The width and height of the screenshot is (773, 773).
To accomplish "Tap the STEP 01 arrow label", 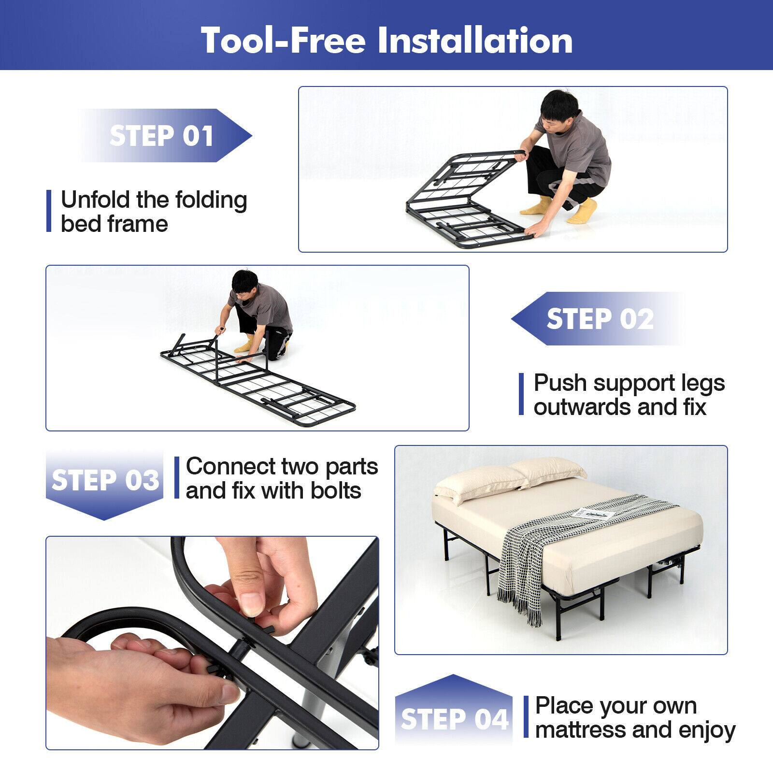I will (x=162, y=136).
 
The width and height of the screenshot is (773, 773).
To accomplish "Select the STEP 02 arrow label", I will (x=600, y=319).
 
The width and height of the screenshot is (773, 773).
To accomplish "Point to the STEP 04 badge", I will (x=454, y=719).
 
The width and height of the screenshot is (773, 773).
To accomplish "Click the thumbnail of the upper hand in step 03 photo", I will (x=250, y=603).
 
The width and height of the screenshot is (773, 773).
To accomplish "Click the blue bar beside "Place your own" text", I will (x=526, y=717).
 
